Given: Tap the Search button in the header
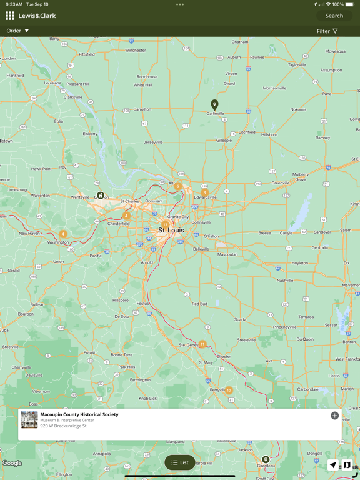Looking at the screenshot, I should (334, 16).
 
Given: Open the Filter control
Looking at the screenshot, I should (327, 31).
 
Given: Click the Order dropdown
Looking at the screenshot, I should (17, 31).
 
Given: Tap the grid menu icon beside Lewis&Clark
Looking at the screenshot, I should (10, 16).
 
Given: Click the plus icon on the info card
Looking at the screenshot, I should (334, 416).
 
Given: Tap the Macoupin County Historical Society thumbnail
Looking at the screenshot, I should (29, 420).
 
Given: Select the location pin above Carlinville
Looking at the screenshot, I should (214, 104).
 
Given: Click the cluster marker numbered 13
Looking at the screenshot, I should (165, 224).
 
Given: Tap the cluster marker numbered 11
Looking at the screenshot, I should (202, 344).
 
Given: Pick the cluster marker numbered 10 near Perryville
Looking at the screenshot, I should (229, 391).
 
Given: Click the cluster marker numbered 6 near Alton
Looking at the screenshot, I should (177, 186).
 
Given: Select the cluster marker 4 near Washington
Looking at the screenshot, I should (62, 234).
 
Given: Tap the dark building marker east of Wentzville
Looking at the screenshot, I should (100, 196).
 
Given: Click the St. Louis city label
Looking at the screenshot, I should (171, 231).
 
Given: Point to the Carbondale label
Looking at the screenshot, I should (307, 389).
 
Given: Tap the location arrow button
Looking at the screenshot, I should (332, 465).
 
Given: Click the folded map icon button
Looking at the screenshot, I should (347, 465).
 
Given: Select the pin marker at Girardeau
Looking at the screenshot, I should (266, 460).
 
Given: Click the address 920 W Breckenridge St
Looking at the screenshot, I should (63, 426).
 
